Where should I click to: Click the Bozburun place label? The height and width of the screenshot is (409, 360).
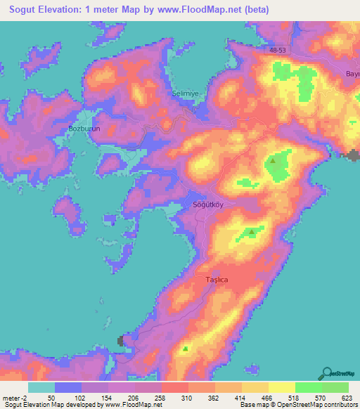point(84,130)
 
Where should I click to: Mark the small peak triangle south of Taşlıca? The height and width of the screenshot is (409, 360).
point(186,348)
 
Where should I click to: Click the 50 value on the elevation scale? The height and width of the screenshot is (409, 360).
point(51,398)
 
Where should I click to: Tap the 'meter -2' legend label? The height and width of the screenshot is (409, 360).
point(15,398)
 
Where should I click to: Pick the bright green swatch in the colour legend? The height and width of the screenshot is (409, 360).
point(309,387)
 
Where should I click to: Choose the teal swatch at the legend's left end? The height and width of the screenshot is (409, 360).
point(41,387)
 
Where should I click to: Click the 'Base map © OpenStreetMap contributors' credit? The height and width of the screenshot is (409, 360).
point(298,405)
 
